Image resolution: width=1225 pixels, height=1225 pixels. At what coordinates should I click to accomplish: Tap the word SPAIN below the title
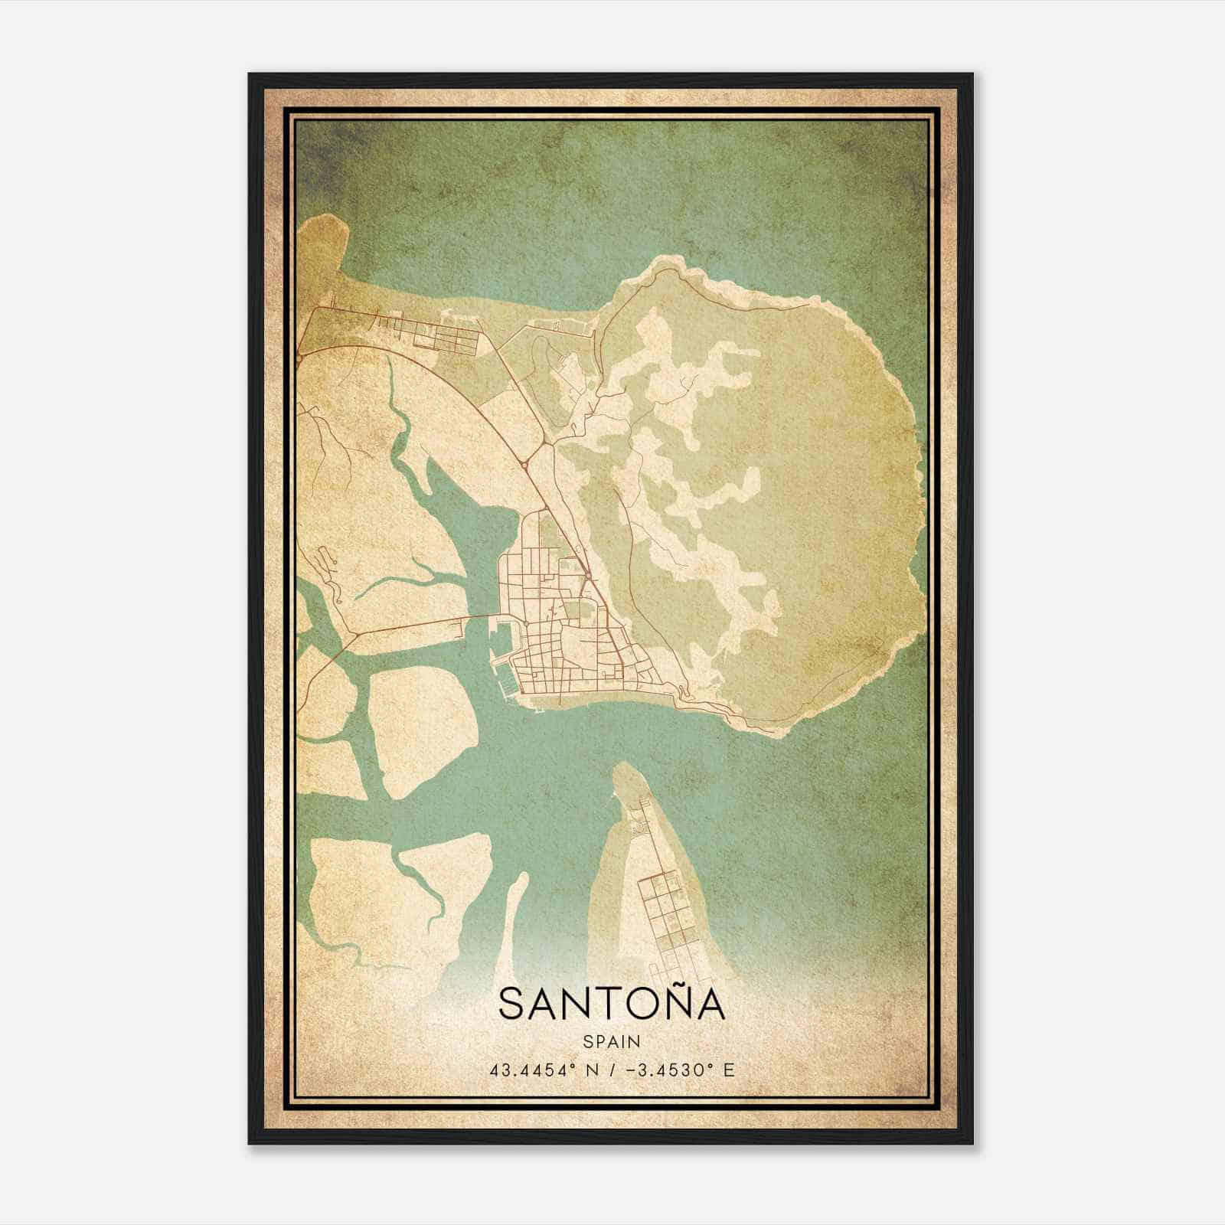(611, 1042)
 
